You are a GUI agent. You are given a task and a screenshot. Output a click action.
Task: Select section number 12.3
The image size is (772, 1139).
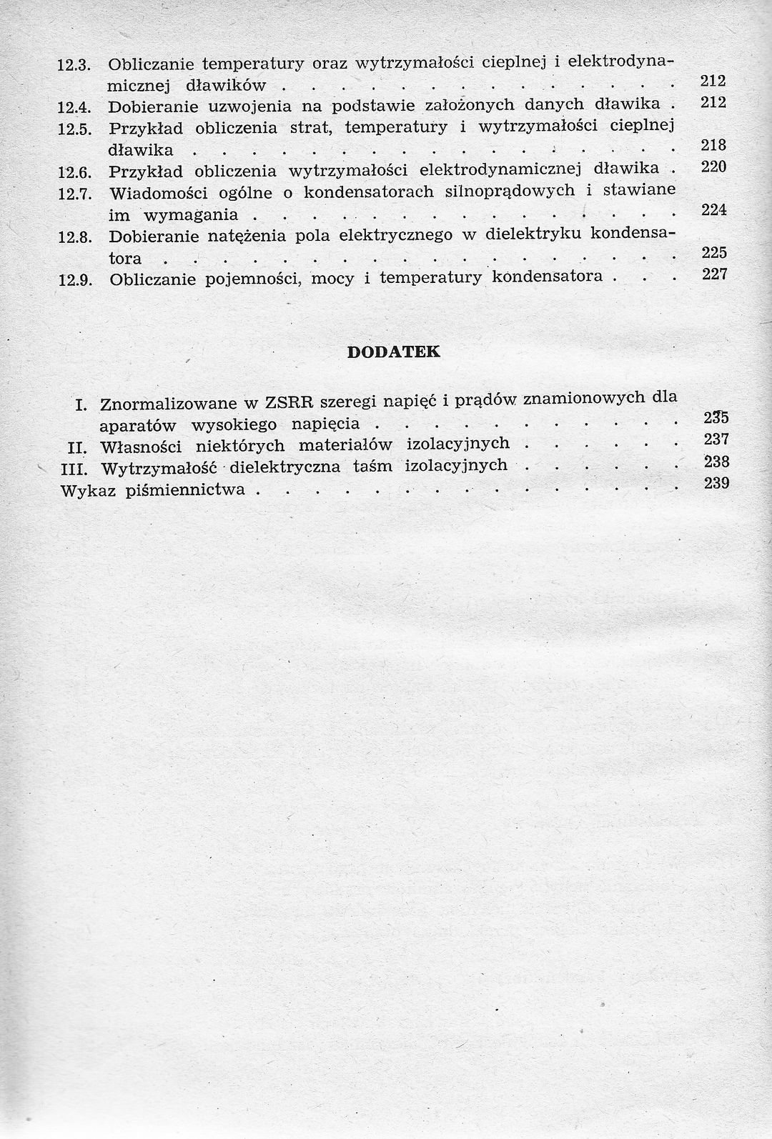(x=71, y=65)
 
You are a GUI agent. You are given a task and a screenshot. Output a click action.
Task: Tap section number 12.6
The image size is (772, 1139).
(x=71, y=173)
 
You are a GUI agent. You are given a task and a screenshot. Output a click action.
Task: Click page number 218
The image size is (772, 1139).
(x=713, y=145)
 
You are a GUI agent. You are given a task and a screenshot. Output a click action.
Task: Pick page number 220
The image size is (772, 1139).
(x=713, y=166)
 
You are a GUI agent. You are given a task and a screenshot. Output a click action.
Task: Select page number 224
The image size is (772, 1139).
(x=713, y=209)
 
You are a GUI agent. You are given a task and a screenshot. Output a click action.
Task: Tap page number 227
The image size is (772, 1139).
(x=713, y=274)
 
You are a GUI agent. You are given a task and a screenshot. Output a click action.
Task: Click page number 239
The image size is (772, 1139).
(x=716, y=483)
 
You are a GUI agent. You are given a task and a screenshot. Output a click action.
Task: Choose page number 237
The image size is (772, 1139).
(x=716, y=439)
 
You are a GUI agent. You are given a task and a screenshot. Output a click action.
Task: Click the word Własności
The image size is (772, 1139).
(x=142, y=447)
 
